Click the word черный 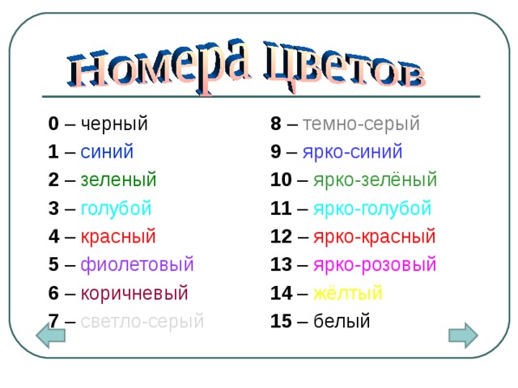click(114, 124)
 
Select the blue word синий click(107, 152)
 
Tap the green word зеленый click(118, 179)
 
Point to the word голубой click(116, 208)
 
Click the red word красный click(118, 236)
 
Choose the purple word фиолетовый click(137, 264)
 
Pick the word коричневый click(134, 293)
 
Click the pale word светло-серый click(142, 321)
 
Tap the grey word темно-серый click(361, 124)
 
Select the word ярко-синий click(352, 152)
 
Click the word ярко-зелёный click(375, 179)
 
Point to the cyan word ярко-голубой click(372, 208)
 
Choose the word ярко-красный click(375, 236)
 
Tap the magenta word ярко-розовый click(375, 264)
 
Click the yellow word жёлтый click(347, 293)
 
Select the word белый click(342, 321)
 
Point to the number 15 click(281, 321)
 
